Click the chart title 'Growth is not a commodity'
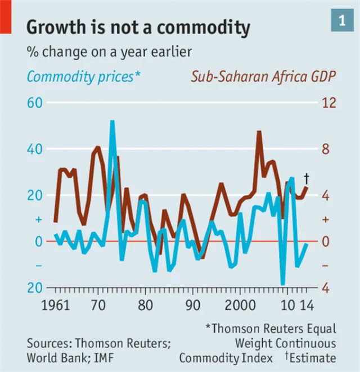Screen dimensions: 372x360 pos(138,26)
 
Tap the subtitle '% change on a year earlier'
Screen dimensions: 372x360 pos(109,52)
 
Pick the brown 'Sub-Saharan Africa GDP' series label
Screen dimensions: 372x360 pos(263,77)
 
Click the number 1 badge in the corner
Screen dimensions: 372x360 pos(341,20)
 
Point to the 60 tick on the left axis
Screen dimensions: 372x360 pos(35,103)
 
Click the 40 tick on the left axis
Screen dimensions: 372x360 pos(35,149)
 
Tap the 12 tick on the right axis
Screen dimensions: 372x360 pos(329,103)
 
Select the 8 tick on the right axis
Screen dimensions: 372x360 pos(326,149)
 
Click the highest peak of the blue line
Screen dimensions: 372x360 pos(112,123)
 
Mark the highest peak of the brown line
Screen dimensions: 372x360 pos(259,133)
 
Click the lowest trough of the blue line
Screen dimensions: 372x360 pos(283,283)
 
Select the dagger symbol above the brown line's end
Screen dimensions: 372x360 pos(306,177)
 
